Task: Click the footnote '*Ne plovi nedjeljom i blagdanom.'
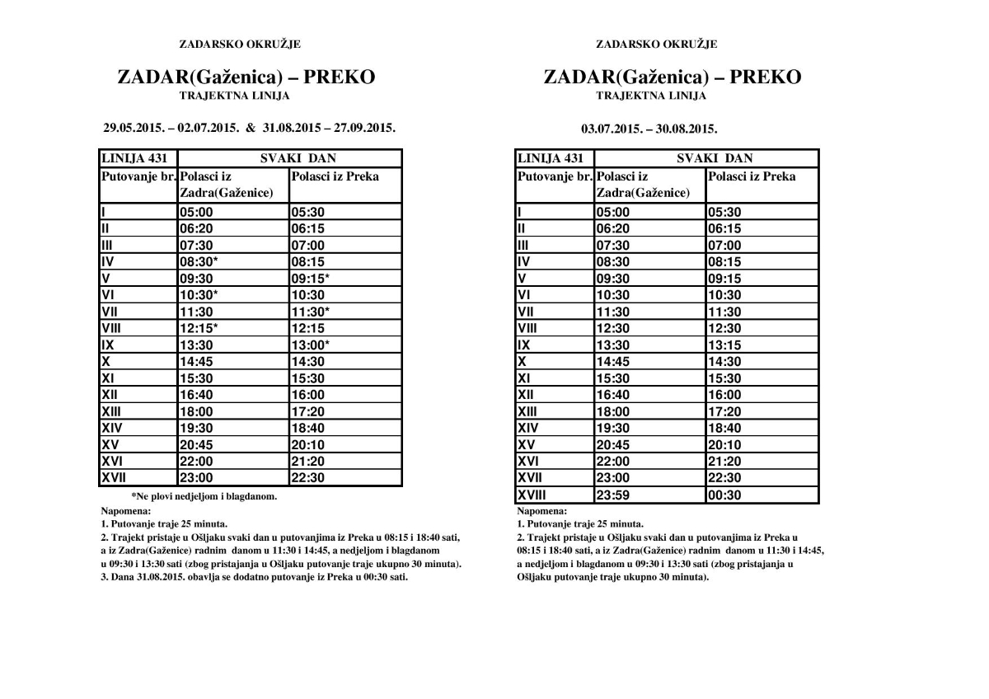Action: point(204,497)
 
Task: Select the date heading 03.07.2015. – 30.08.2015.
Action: point(649,129)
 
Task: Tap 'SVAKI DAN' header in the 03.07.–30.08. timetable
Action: point(715,158)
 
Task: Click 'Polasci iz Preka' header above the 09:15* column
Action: point(335,176)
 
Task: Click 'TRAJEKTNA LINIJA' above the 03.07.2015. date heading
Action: point(651,96)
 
